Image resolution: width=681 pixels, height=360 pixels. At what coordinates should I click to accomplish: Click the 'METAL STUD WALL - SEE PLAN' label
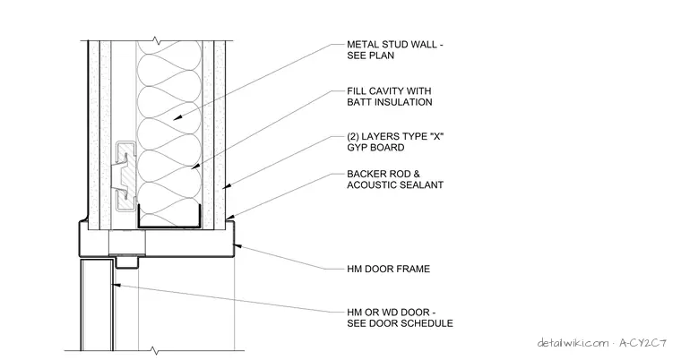tap(395, 50)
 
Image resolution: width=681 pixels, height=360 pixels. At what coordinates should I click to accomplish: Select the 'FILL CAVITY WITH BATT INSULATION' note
tap(389, 97)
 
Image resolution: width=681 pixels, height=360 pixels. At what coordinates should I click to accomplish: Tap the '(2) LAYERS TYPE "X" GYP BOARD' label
tap(395, 142)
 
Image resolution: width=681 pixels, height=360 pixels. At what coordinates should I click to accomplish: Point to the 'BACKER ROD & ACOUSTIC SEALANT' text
tap(395, 179)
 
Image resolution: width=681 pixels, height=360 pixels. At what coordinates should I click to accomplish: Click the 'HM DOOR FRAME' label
tap(388, 269)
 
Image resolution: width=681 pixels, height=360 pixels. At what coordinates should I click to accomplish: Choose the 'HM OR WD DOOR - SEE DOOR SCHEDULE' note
tap(400, 318)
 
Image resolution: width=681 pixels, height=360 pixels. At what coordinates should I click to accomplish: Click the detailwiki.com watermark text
tap(573, 343)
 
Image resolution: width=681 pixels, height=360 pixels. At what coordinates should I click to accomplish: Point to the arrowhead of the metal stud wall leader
tap(177, 117)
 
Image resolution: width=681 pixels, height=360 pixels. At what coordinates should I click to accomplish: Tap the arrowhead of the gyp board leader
tap(226, 187)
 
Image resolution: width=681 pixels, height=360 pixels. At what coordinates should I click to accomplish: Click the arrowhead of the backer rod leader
tap(229, 216)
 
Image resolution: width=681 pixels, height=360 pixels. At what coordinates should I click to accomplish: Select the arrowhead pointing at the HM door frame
tap(237, 246)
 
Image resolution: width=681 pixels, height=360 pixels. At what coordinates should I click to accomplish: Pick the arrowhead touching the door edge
tap(116, 285)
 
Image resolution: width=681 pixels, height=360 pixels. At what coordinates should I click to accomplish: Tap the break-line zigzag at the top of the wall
tap(156, 42)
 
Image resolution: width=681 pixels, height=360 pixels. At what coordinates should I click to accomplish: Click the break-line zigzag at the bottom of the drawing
tap(154, 350)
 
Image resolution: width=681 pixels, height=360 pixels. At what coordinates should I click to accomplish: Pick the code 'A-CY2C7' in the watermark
tap(642, 343)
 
